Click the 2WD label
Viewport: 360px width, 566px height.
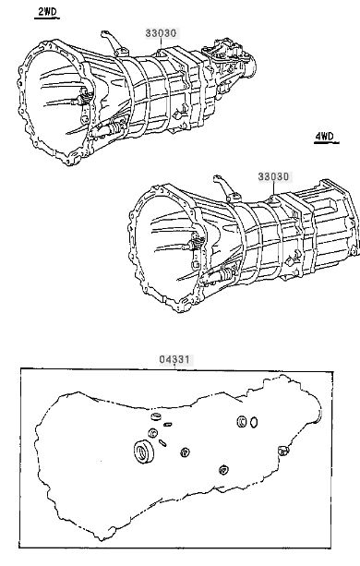tap(48, 12)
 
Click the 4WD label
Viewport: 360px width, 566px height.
tap(325, 137)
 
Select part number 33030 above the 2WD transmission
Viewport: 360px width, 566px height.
tap(161, 33)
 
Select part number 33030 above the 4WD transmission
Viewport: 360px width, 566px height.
tap(273, 177)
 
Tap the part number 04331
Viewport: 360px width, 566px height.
tap(174, 359)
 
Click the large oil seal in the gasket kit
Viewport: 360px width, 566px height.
tap(144, 452)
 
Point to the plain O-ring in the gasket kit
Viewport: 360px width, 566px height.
tap(254, 422)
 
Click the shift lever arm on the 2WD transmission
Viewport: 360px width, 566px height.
tap(113, 42)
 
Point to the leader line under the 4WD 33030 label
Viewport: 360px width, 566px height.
tap(273, 188)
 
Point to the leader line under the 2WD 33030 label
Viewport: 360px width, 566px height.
tap(161, 44)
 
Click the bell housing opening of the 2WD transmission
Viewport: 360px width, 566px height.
tap(54, 101)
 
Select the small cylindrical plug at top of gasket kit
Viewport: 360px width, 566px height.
tap(157, 417)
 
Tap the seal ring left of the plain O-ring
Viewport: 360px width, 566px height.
tap(242, 421)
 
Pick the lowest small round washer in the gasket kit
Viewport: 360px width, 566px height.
tap(223, 470)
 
